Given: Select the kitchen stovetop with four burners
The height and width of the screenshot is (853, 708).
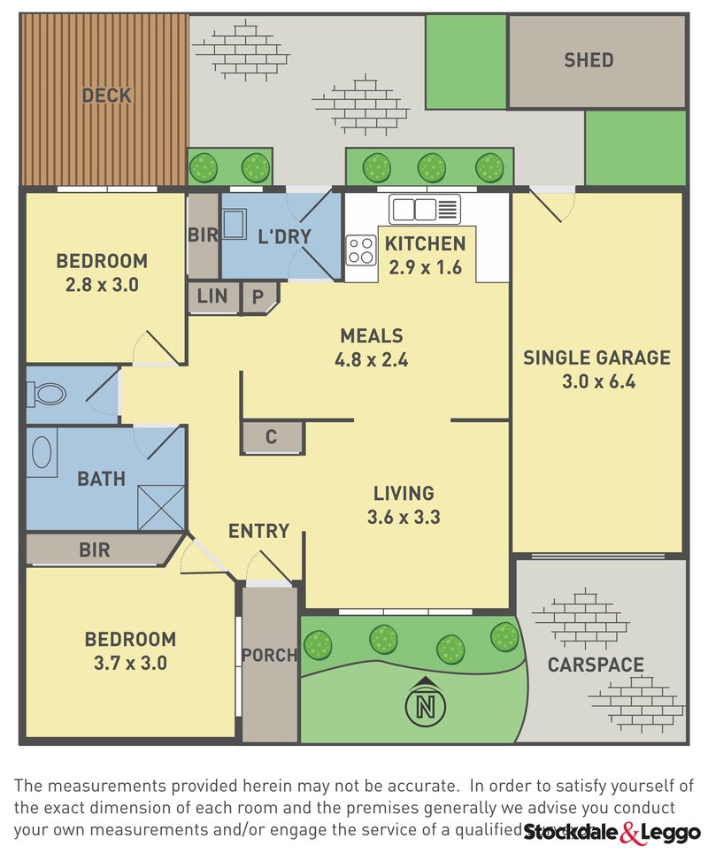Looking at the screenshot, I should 361,250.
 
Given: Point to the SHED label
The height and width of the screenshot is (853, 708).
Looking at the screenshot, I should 589,60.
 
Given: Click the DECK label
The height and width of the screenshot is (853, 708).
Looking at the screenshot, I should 107,96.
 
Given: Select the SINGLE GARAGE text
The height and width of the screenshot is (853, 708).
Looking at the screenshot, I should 596,357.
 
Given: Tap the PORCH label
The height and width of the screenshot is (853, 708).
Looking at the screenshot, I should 270,656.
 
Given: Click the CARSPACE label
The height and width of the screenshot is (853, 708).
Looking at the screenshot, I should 595,665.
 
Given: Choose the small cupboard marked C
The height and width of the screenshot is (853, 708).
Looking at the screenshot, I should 272,437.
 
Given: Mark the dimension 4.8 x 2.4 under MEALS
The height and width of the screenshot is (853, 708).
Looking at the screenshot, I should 372,360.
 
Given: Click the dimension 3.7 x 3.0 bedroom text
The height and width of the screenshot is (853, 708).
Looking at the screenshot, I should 129,662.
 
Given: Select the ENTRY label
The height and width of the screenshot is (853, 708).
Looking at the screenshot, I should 258,531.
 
